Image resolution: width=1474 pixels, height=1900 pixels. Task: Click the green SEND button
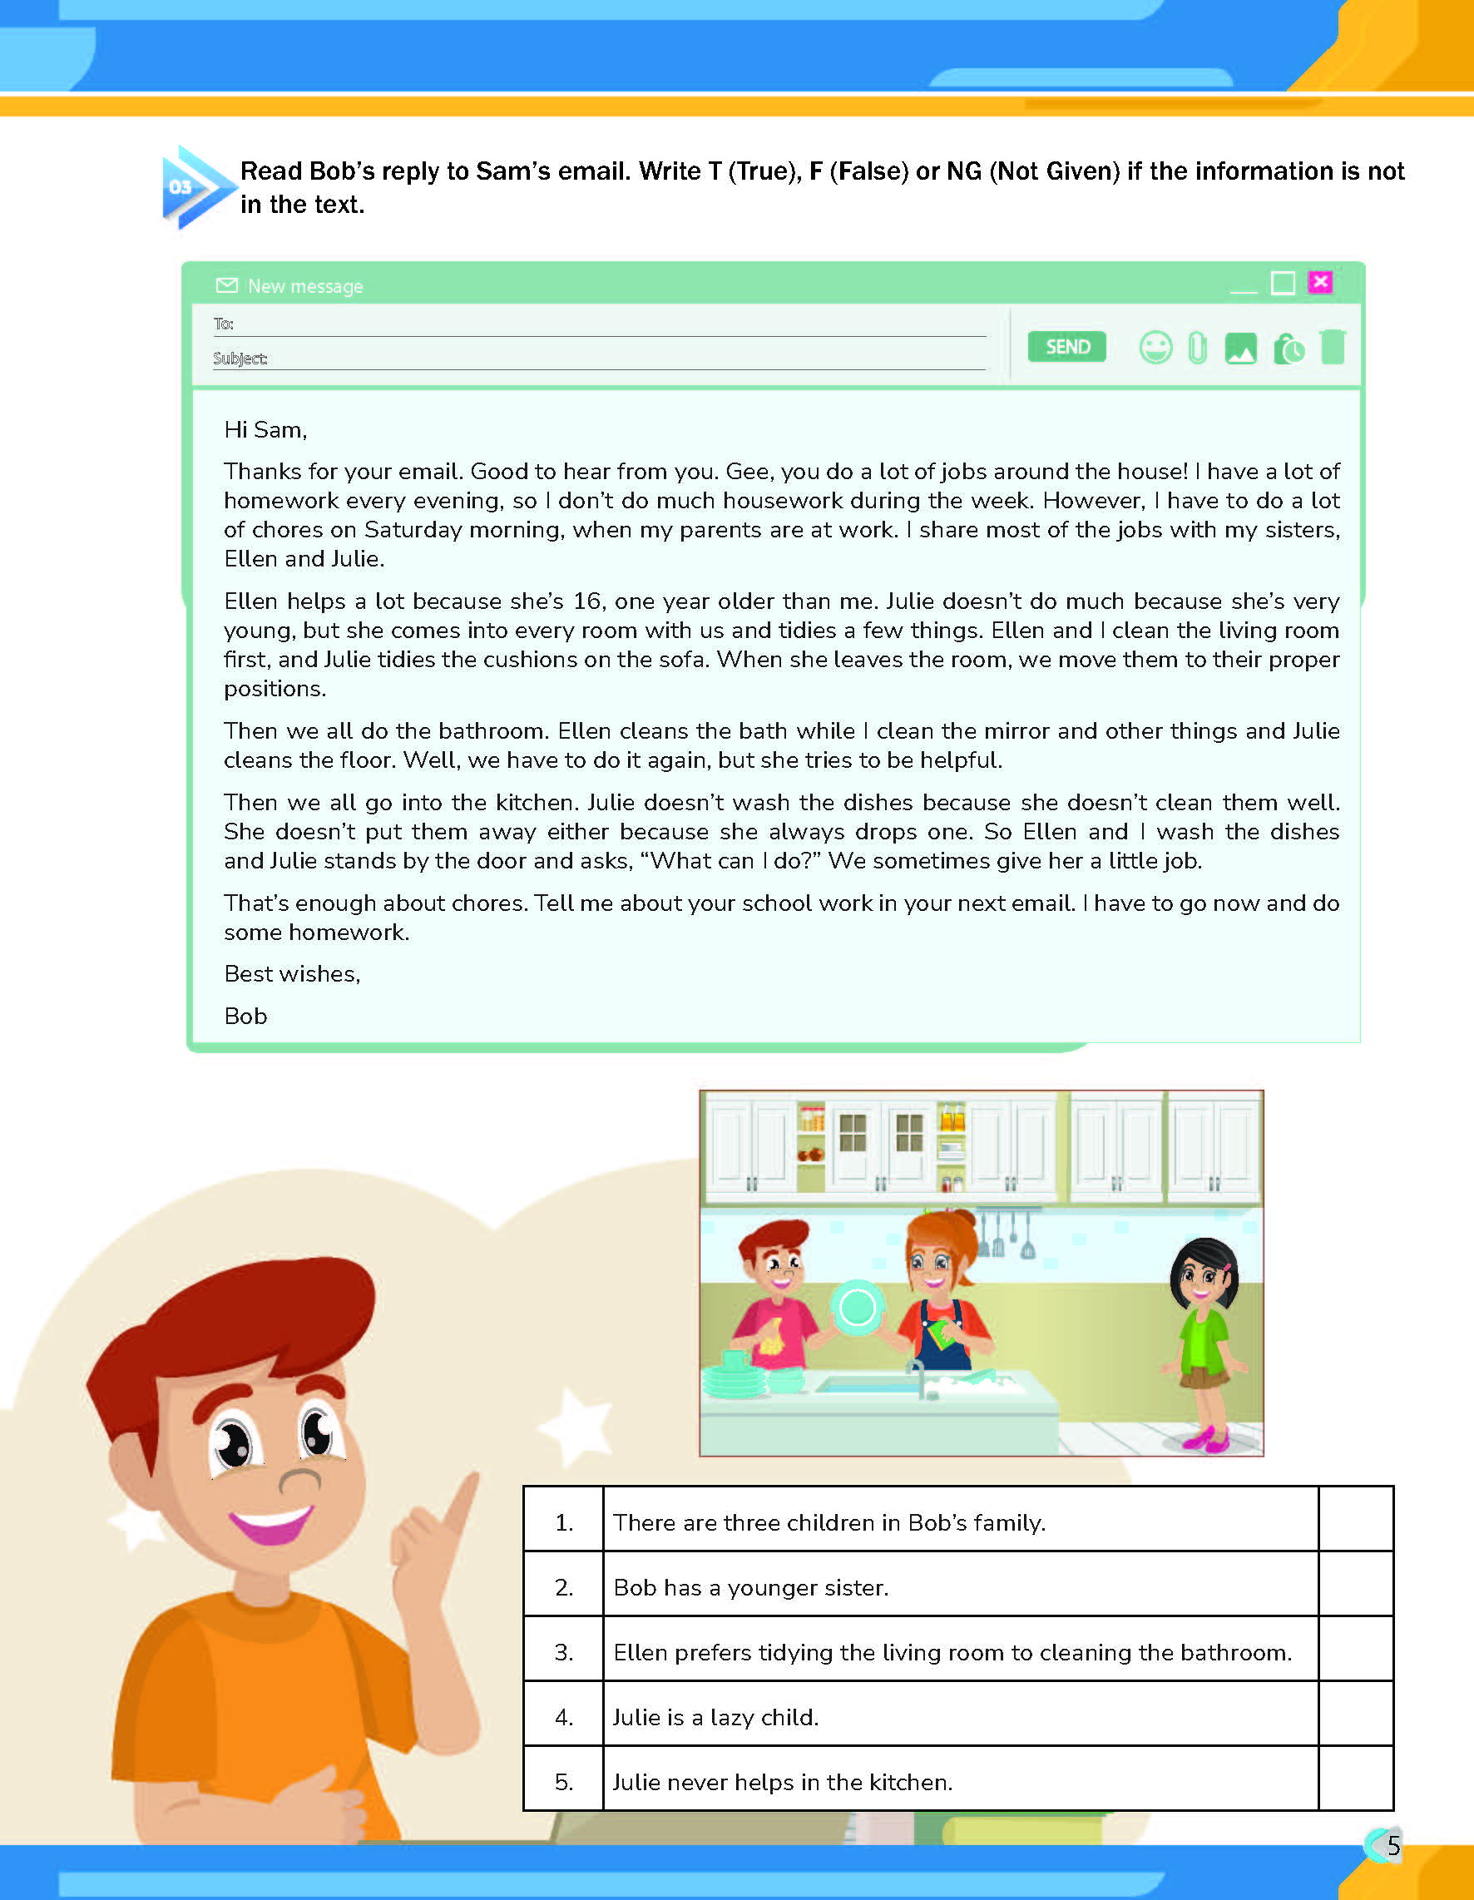1066,347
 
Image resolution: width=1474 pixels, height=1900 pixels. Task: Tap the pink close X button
1320,282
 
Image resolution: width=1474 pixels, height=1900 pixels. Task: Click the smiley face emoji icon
1155,348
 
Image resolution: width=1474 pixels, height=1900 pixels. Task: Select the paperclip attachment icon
1197,348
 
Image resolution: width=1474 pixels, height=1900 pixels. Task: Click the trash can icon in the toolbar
1332,347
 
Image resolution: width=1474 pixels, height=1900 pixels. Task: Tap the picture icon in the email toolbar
1240,349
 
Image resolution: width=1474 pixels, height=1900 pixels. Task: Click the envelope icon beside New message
226,285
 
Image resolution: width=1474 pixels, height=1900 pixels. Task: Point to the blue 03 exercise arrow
193,187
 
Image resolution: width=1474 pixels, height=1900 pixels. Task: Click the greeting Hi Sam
265,430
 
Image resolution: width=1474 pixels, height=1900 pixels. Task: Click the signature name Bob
245,1016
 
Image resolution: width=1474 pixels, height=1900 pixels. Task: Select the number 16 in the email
587,601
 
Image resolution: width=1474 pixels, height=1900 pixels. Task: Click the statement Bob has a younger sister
750,1588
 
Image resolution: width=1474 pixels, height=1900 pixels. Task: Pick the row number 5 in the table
564,1782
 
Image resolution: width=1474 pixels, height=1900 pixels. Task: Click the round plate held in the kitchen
857,1307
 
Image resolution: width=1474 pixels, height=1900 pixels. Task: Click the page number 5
1393,1845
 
